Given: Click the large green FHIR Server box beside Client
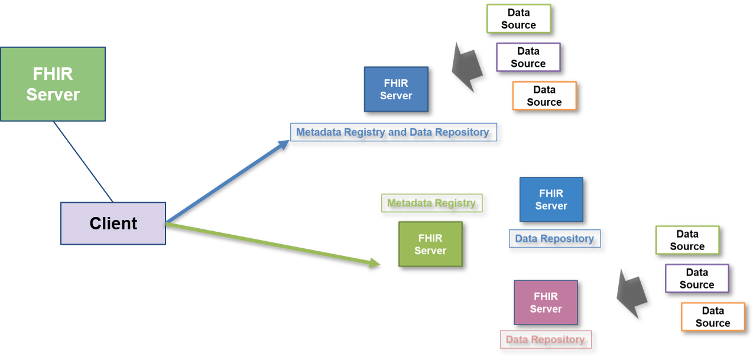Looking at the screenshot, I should pyautogui.click(x=53, y=84).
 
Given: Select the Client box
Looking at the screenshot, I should pyautogui.click(x=113, y=223).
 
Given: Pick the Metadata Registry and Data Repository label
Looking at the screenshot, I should pyautogui.click(x=393, y=132).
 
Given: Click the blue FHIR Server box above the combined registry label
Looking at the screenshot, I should pyautogui.click(x=395, y=89).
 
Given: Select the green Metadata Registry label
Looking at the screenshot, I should pyautogui.click(x=431, y=203).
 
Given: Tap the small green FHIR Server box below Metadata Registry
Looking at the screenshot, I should pyautogui.click(x=430, y=244).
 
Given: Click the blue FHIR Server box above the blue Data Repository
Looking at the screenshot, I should pyautogui.click(x=551, y=200).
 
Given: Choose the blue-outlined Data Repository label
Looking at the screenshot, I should pyautogui.click(x=554, y=238).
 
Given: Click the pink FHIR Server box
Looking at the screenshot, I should pyautogui.click(x=545, y=303).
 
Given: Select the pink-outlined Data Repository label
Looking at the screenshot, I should pyautogui.click(x=545, y=339).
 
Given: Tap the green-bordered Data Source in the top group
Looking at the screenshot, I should pyautogui.click(x=518, y=19).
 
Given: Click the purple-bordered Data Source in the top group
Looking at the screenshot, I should pyautogui.click(x=528, y=57).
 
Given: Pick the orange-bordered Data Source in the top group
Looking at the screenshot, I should pyautogui.click(x=544, y=96).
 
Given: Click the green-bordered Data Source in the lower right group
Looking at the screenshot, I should pyautogui.click(x=687, y=240).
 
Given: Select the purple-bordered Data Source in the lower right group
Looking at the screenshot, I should pyautogui.click(x=696, y=278).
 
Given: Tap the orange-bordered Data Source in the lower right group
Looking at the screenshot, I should pyautogui.click(x=712, y=317).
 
